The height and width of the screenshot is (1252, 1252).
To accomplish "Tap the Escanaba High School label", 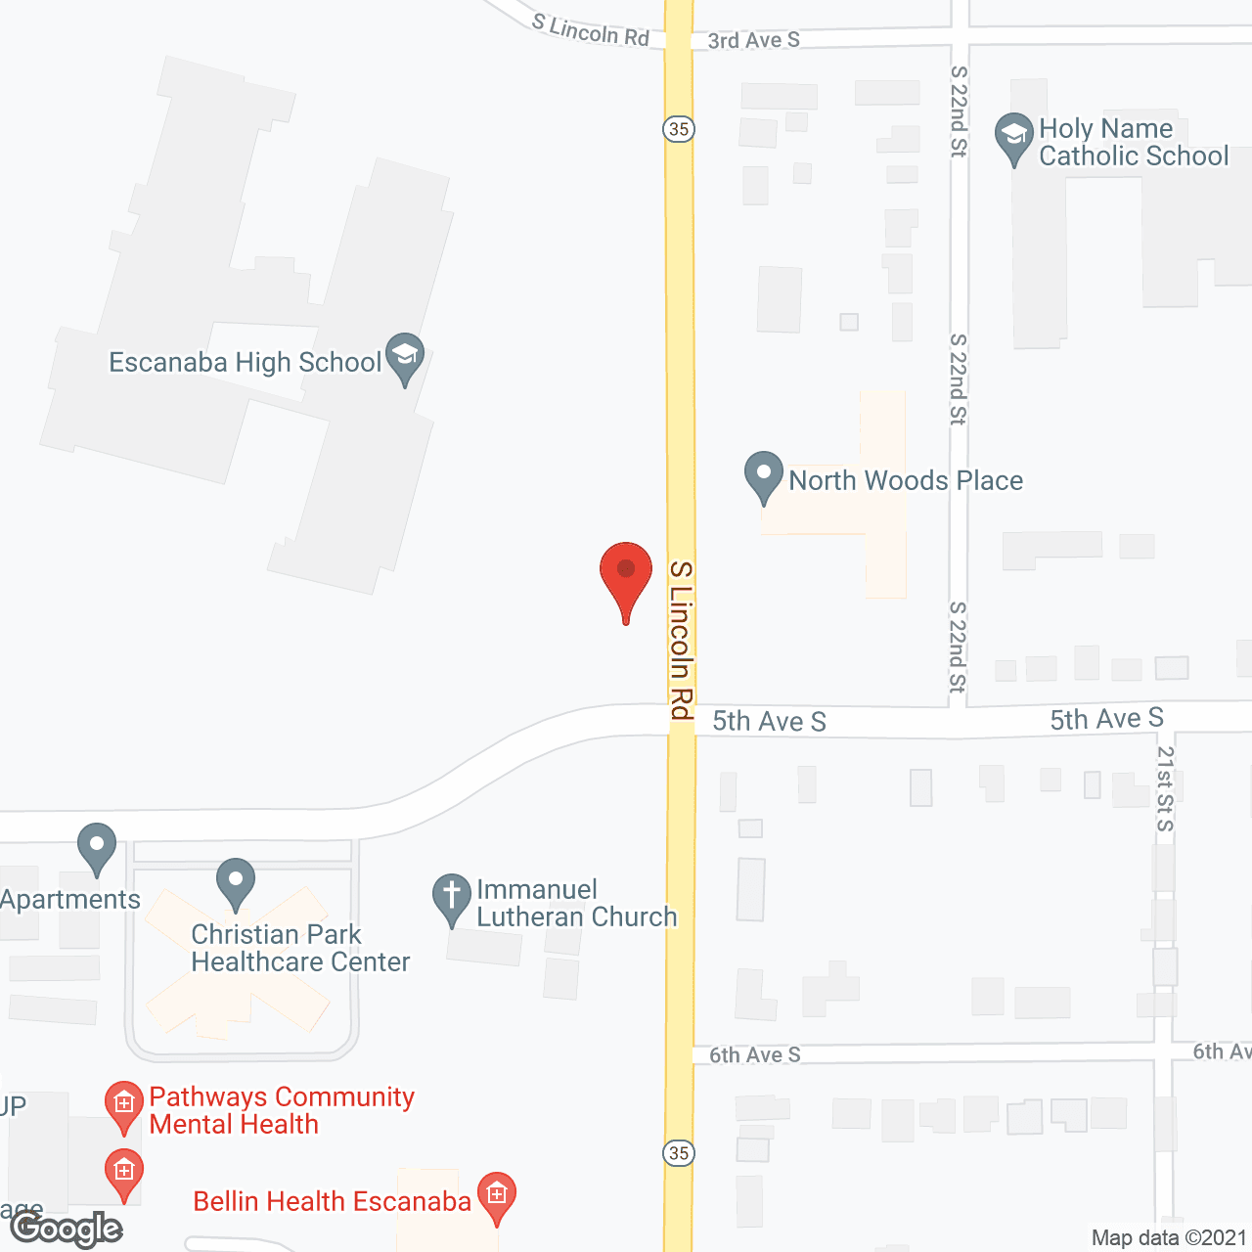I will (x=245, y=363).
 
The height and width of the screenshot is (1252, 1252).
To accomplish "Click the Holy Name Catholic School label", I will (x=1133, y=143).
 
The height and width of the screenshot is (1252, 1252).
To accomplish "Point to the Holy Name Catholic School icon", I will (x=1013, y=137).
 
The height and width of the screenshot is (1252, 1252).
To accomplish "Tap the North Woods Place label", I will (x=906, y=481).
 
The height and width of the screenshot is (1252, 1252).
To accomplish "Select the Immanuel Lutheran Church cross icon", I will (x=451, y=897).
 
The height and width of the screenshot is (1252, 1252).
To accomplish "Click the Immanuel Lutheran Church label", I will (x=576, y=903).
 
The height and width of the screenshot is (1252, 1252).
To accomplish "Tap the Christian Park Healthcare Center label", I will (x=300, y=948).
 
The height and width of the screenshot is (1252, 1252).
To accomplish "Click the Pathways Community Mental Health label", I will (x=282, y=1110).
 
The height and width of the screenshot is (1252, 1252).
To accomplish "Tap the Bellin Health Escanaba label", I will (x=332, y=1201).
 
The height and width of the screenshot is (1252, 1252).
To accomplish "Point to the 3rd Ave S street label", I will (x=753, y=40).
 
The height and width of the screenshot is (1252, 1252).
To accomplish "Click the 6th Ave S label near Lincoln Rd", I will (x=754, y=1054).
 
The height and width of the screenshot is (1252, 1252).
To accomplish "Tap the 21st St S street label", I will (x=1165, y=788).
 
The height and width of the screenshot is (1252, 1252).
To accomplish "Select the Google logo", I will (x=67, y=1229).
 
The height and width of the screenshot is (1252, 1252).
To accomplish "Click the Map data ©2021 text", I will (x=1169, y=1238).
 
